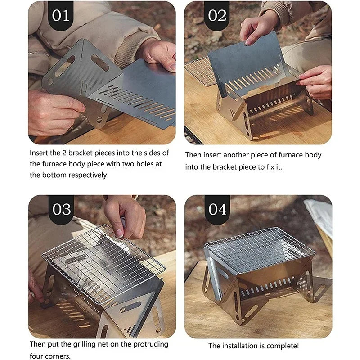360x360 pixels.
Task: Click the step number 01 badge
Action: pyautogui.click(x=61, y=15)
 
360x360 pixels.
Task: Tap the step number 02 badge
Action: pyautogui.click(x=217, y=15)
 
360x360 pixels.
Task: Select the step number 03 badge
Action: pyautogui.click(x=61, y=209)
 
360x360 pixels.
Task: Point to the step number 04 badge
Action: pyautogui.click(x=217, y=209)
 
